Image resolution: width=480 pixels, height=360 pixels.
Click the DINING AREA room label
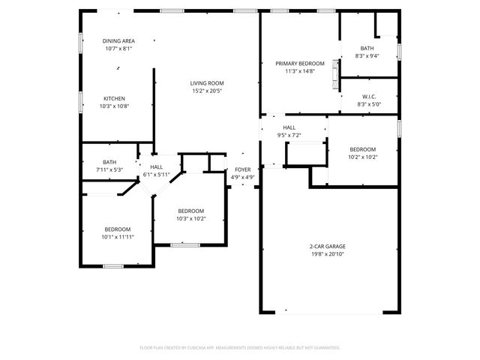pyautogui.click(x=118, y=40)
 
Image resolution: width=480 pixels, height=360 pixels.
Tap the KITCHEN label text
pyautogui.click(x=114, y=98)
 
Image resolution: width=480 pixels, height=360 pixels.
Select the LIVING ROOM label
pyautogui.click(x=207, y=83)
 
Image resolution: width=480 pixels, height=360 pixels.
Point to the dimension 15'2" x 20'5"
pyautogui.click(x=207, y=91)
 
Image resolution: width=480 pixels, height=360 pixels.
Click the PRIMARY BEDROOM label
pyautogui.click(x=294, y=64)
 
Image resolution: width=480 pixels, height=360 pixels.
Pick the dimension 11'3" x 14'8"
pyautogui.click(x=294, y=72)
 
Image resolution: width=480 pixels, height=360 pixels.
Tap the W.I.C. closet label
pyautogui.click(x=368, y=96)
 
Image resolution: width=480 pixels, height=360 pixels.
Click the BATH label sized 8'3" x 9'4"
pyautogui.click(x=367, y=48)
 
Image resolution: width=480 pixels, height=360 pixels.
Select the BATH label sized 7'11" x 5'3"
pyautogui.click(x=109, y=162)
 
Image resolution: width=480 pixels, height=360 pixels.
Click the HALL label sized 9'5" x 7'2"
pyautogui.click(x=289, y=127)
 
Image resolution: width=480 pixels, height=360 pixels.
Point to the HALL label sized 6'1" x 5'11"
pyautogui.click(x=156, y=166)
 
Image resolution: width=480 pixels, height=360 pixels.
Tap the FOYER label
pyautogui.click(x=243, y=170)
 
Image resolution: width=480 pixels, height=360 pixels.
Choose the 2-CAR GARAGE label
pyautogui.click(x=327, y=246)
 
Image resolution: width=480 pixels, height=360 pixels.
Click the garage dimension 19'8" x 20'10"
pyautogui.click(x=327, y=254)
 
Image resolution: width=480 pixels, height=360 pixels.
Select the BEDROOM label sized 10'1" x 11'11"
pyautogui.click(x=118, y=229)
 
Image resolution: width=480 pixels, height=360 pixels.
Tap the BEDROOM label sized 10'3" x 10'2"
pyautogui.click(x=190, y=211)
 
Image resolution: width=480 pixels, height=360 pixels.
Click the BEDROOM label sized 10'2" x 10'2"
pyautogui.click(x=362, y=149)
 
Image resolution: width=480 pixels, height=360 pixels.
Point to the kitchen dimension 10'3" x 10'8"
pyautogui.click(x=114, y=106)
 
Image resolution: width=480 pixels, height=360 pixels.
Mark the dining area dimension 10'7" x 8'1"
pyautogui.click(x=118, y=49)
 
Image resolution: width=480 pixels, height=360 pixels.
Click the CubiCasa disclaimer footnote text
pyautogui.click(x=240, y=348)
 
